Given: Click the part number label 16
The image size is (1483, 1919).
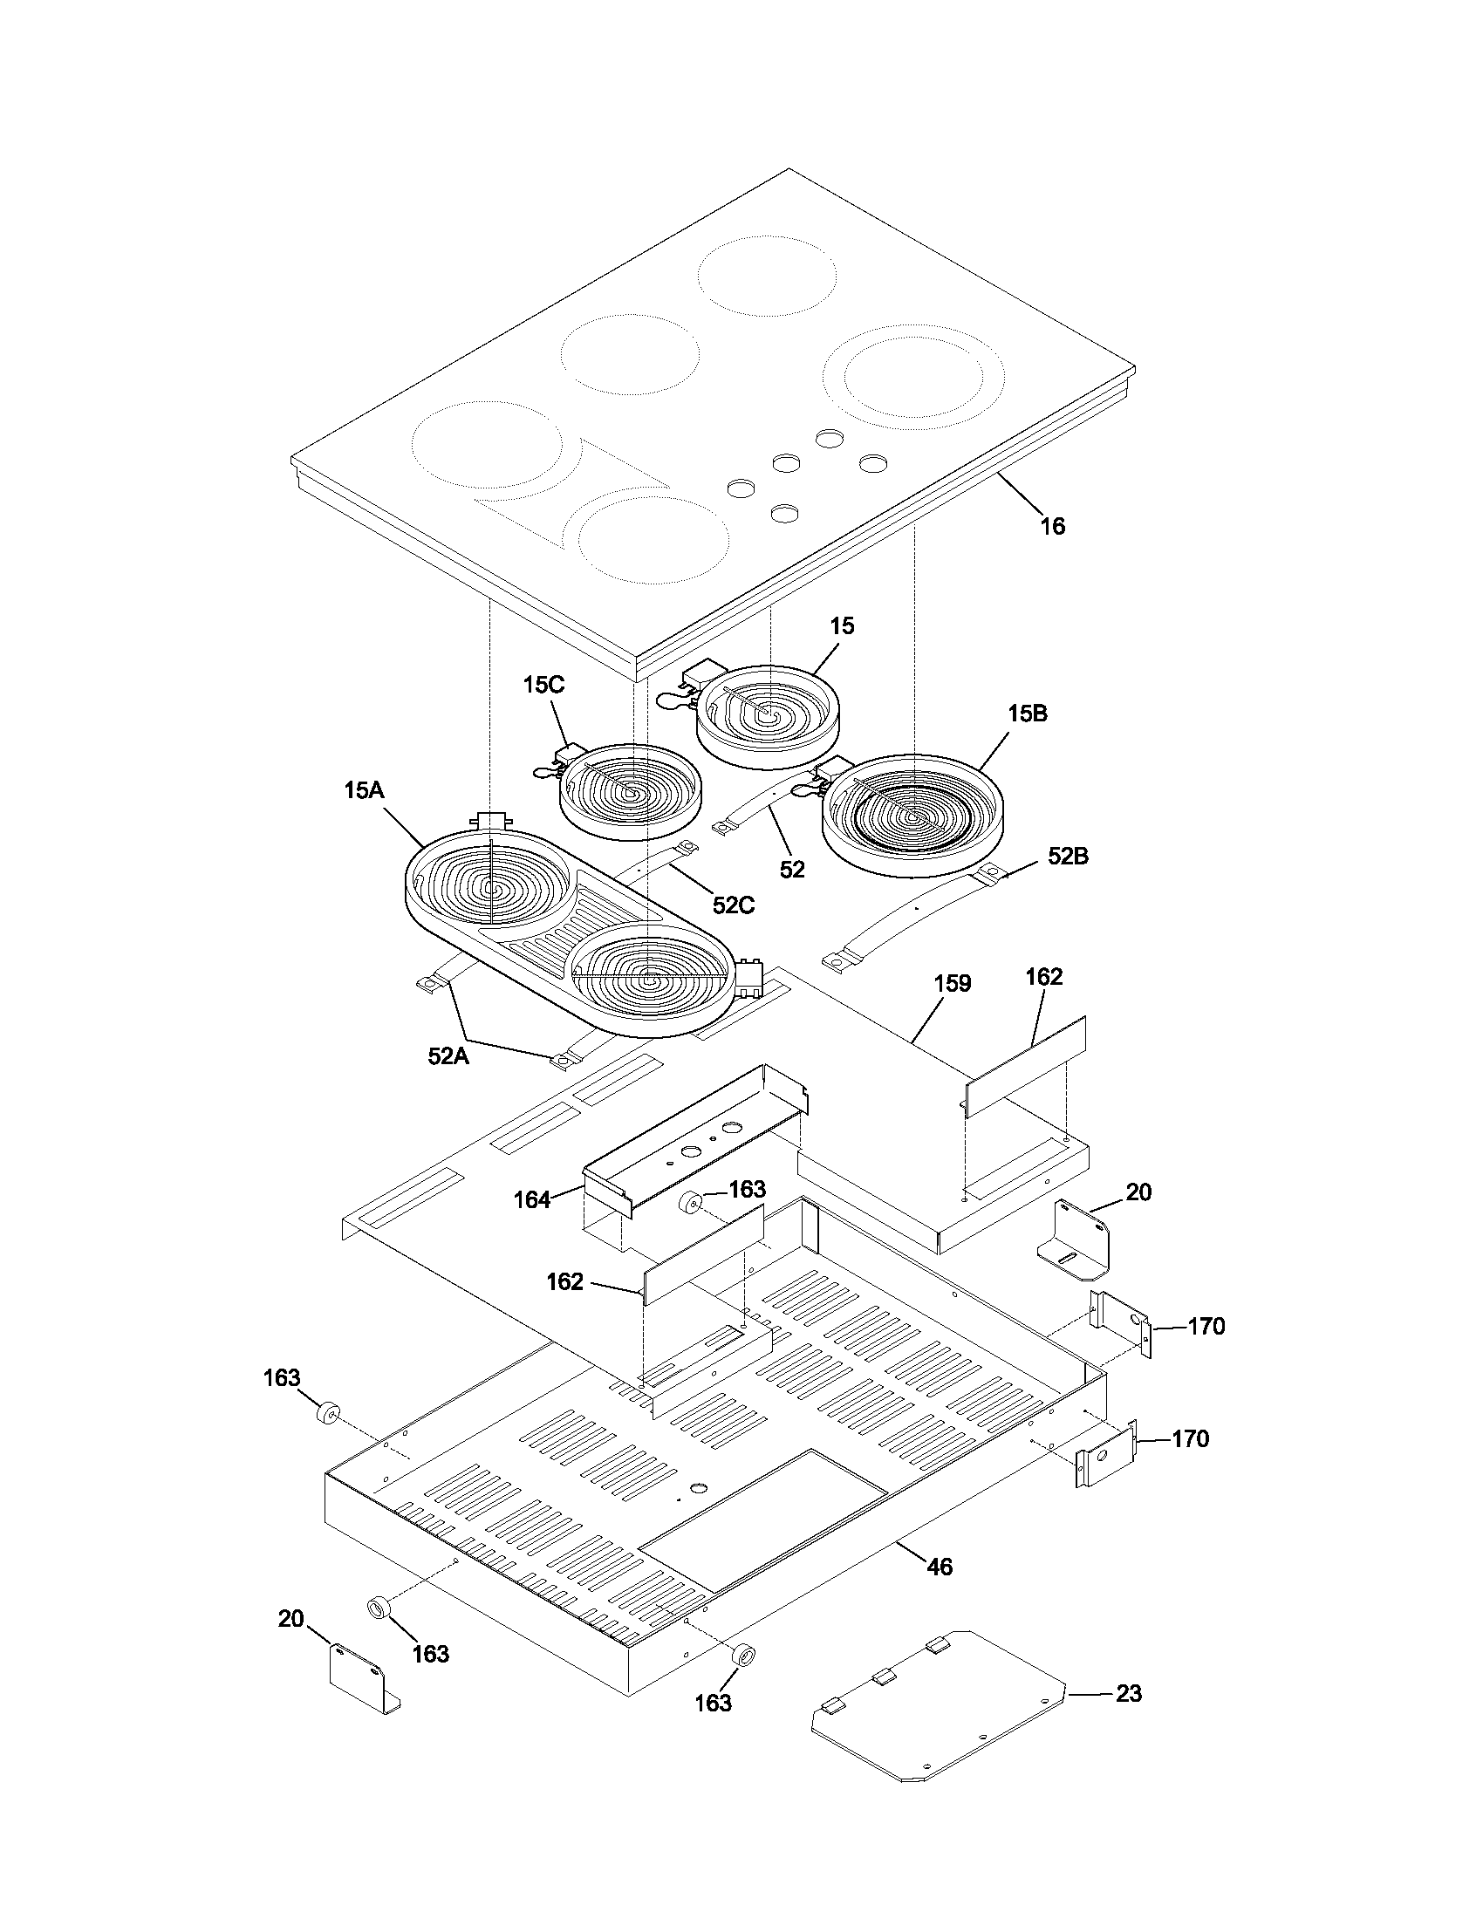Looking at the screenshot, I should [x=1053, y=526].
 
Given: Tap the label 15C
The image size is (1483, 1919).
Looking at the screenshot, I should [x=543, y=685].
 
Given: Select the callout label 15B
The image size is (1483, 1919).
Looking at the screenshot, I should [x=1027, y=714].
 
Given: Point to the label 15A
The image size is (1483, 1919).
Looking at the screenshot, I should [x=364, y=790].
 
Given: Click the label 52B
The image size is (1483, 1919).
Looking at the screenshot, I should [x=1068, y=857].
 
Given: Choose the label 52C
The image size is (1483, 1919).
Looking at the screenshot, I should [x=733, y=905].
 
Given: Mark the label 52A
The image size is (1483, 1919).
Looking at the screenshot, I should [x=448, y=1056].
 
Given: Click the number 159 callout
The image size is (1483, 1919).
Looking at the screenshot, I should [x=953, y=983].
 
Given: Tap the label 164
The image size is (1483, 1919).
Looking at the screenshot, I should [x=532, y=1199].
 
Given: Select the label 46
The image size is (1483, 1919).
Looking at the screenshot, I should [x=940, y=1567].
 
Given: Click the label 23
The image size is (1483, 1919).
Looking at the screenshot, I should [x=1128, y=1693].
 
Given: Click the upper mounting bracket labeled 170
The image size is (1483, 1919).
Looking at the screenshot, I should [x=1119, y=1326].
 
